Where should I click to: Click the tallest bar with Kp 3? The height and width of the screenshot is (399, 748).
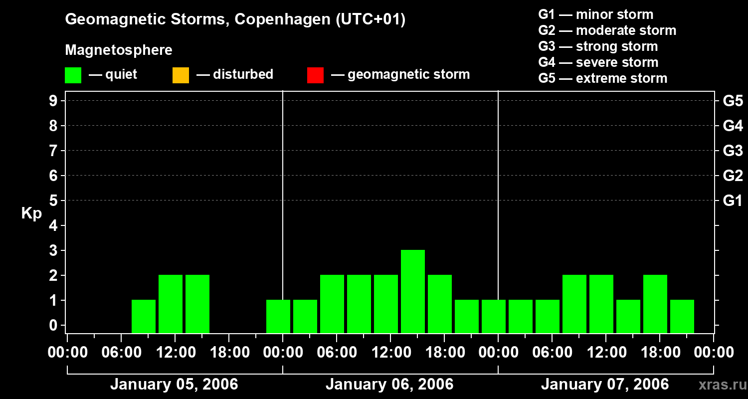click(x=413, y=291)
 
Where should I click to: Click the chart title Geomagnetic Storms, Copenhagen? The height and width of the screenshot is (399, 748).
click(x=235, y=19)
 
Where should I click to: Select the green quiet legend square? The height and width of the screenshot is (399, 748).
click(x=73, y=75)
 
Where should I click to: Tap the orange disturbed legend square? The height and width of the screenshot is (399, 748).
click(x=181, y=75)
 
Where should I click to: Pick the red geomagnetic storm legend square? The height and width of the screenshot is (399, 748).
click(x=315, y=75)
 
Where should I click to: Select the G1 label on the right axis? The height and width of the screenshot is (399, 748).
click(x=733, y=200)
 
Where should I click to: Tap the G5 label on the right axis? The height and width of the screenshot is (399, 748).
click(x=733, y=101)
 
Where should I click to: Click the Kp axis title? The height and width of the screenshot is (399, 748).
click(x=31, y=214)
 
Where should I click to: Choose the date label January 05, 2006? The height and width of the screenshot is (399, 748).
click(x=174, y=385)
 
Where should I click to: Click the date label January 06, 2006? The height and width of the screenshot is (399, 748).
click(x=389, y=385)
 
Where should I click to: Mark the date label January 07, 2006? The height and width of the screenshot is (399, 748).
click(x=605, y=385)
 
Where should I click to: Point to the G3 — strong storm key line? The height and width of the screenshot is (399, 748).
click(x=598, y=46)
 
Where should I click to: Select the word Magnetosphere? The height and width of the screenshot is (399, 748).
click(x=119, y=50)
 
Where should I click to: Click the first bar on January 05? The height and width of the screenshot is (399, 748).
click(x=144, y=316)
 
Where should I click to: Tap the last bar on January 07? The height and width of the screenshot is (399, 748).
click(x=682, y=316)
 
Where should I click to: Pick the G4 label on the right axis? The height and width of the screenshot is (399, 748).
click(x=733, y=126)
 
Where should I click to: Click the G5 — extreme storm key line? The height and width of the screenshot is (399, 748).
click(x=602, y=78)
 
